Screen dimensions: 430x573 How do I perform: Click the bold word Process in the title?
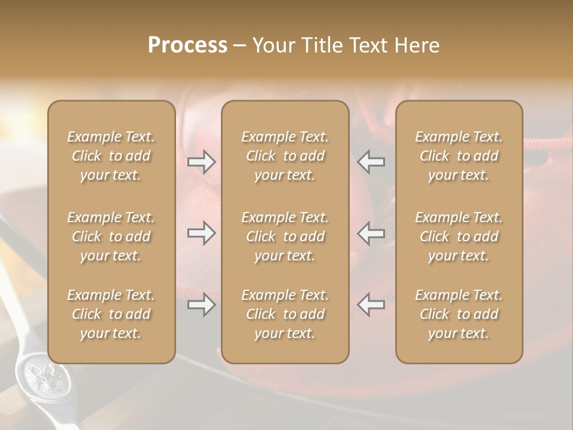[x=187, y=45]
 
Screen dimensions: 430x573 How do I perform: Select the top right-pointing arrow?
[x=201, y=162]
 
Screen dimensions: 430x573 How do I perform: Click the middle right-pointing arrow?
[x=201, y=233]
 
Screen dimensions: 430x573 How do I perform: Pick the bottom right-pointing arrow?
[x=201, y=305]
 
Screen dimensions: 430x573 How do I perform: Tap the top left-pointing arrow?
[x=371, y=162]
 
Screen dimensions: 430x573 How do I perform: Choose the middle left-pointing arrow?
[x=371, y=233]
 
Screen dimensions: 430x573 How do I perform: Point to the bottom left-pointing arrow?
[x=371, y=305]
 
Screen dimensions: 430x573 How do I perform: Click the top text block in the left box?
[x=111, y=156]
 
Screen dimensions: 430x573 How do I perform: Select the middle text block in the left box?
[x=111, y=236]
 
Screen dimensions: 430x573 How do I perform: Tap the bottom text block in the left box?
[x=111, y=314]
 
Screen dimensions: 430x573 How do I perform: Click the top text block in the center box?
[x=285, y=156]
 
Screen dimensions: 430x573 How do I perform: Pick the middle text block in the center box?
[x=285, y=236]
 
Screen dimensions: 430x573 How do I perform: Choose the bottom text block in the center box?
[x=285, y=314]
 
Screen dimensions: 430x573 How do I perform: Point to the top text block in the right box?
[x=458, y=156]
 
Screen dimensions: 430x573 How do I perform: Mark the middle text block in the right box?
[x=458, y=236]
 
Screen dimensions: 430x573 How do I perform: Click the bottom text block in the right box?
[x=458, y=314]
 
